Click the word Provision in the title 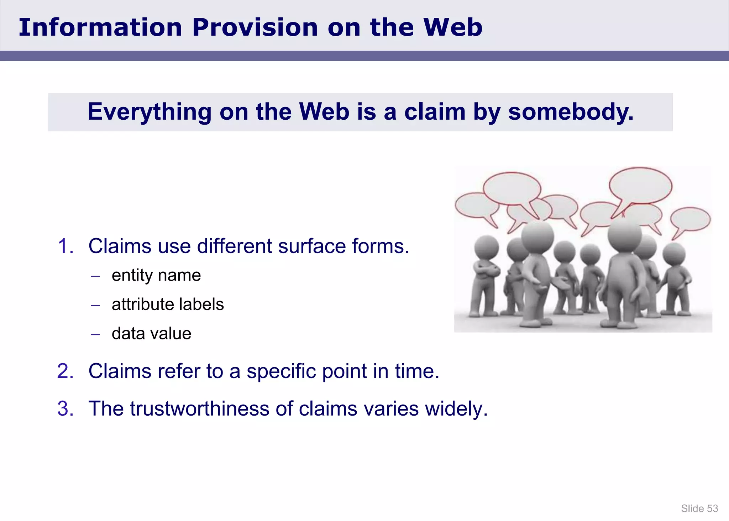(x=255, y=27)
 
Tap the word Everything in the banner (x=150, y=112)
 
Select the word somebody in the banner (x=571, y=112)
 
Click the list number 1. (x=65, y=246)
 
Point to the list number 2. (x=65, y=371)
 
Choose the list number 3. (x=65, y=408)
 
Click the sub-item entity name (x=156, y=275)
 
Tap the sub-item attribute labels (x=168, y=304)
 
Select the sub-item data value (x=151, y=334)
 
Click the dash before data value (x=95, y=334)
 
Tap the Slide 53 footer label (x=699, y=509)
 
